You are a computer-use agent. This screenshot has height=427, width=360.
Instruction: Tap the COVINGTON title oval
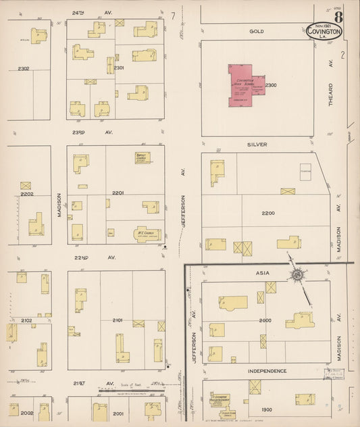pos(324,31)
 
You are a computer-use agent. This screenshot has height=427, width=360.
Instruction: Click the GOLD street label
pos(256,31)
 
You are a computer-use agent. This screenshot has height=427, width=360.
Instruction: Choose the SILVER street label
pos(257,145)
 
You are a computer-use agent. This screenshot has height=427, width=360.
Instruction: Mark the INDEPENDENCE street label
pos(267,371)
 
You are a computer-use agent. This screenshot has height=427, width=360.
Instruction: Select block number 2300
pos(271,85)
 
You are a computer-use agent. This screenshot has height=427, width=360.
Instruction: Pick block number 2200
pos(268,213)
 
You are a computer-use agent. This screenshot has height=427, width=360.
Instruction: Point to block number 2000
pos(265,321)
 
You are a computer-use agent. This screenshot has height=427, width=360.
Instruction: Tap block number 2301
pos(118,68)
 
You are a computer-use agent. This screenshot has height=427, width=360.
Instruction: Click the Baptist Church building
pos(143,157)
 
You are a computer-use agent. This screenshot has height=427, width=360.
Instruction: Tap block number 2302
pos(24,68)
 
